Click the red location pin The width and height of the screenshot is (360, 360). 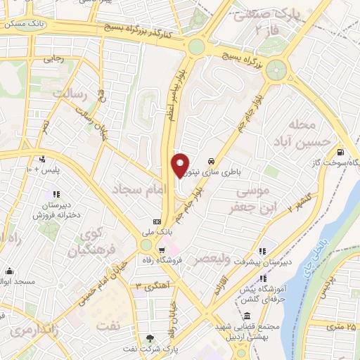coord(181,164)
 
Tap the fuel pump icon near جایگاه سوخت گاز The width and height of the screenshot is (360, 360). coord(341,151)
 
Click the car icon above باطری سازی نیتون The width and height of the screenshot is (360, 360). coord(212,160)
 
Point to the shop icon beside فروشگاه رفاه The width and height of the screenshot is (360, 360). coord(162,249)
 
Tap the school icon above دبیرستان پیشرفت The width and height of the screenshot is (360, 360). coord(263,250)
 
